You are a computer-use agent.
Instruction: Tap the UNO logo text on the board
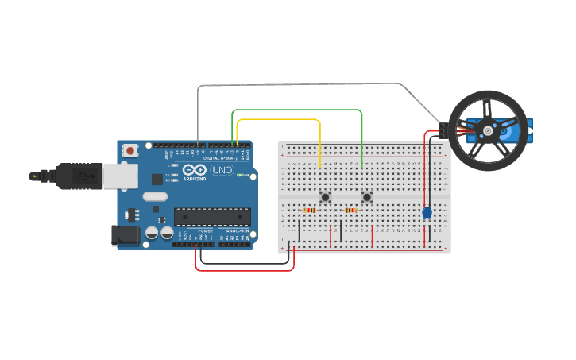[222, 170]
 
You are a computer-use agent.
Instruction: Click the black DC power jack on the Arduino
[126, 234]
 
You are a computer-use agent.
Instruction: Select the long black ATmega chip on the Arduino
[212, 216]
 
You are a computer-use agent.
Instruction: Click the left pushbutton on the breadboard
[325, 196]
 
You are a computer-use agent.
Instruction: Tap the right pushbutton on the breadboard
[367, 196]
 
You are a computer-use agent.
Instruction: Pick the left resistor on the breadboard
[310, 210]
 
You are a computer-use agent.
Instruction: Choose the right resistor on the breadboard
[351, 210]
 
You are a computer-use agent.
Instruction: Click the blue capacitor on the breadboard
[427, 212]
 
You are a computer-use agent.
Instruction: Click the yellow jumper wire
[278, 119]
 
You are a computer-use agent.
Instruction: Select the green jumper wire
[298, 110]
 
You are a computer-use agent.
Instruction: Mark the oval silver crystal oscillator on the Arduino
[156, 196]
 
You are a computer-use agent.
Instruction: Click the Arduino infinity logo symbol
[195, 169]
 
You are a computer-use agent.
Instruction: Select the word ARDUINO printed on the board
[195, 179]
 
